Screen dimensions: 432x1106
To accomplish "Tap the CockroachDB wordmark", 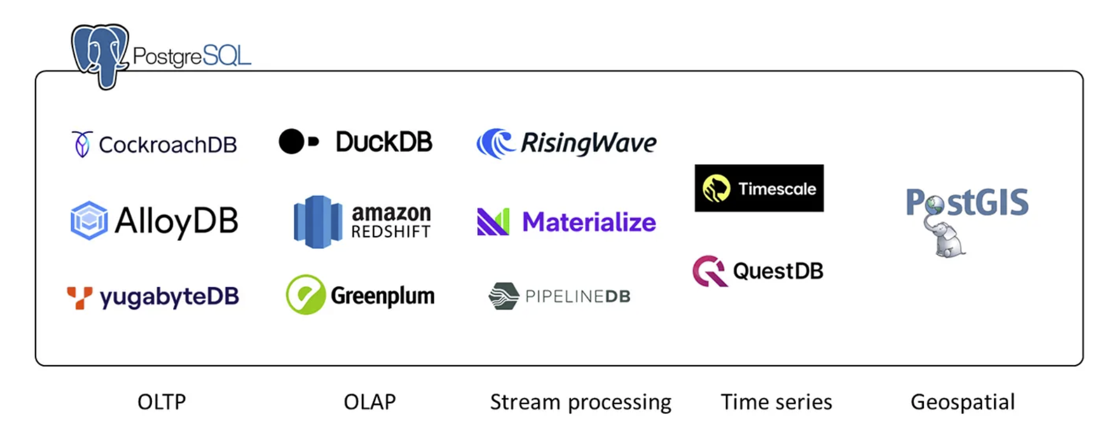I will click(x=168, y=145).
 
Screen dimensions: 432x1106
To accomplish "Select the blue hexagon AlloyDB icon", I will click(x=89, y=221).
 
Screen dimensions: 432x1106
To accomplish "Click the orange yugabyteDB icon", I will click(x=79, y=297).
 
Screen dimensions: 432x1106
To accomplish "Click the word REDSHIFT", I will click(x=391, y=232).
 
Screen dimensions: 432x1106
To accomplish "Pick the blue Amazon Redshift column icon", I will click(x=318, y=222).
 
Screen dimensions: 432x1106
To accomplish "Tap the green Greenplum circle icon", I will click(x=305, y=294).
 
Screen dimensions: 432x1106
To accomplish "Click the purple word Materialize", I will click(x=589, y=222).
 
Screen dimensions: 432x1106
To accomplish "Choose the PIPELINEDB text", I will click(x=577, y=296).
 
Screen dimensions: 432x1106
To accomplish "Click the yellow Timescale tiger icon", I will click(x=716, y=188).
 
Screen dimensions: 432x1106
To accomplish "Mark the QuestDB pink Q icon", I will click(x=709, y=271).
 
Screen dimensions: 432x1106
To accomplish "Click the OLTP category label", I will click(x=161, y=402).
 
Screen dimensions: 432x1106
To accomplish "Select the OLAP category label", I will click(x=370, y=402).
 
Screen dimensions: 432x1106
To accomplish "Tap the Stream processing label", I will click(x=580, y=402).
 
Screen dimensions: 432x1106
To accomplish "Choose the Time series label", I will click(x=776, y=402).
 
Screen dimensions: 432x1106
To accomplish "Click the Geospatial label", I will click(x=962, y=402).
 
